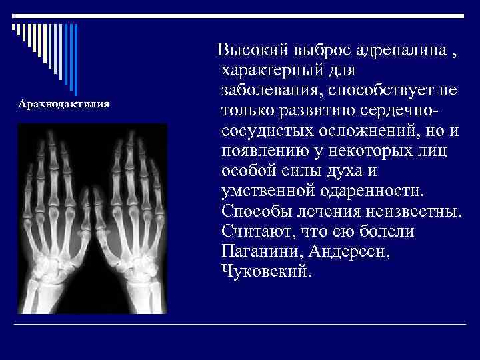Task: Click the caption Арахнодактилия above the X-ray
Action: point(64,105)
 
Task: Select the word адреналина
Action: point(392,50)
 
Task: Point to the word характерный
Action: point(275,69)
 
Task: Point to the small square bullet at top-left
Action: point(13,27)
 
